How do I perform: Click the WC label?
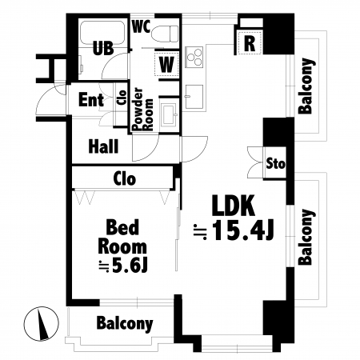(x=142, y=26)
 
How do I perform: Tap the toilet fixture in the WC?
(x=165, y=34)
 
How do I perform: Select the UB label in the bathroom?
(x=103, y=48)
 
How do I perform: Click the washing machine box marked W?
(x=166, y=64)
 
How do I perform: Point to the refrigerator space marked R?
(x=250, y=42)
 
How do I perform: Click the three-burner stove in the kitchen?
(x=194, y=58)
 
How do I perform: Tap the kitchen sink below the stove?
(x=194, y=97)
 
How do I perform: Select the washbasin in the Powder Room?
(x=169, y=114)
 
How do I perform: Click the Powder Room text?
(x=143, y=109)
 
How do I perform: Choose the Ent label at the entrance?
(x=91, y=100)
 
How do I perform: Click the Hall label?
(x=103, y=146)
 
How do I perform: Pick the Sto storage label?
(x=275, y=163)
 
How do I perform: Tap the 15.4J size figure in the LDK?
(x=243, y=230)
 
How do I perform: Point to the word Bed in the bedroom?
(x=122, y=227)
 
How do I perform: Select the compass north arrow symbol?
(x=41, y=323)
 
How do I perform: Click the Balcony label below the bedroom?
(x=125, y=323)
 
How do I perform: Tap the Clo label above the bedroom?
(x=125, y=178)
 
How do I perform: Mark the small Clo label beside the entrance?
(x=122, y=97)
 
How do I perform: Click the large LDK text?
(x=233, y=206)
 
